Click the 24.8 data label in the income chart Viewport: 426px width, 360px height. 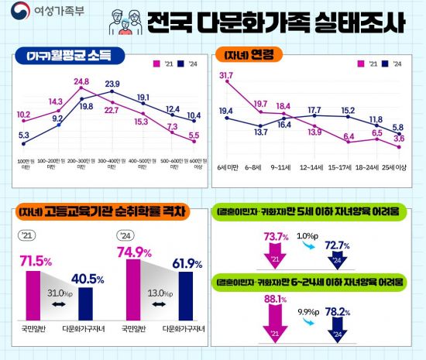(82, 81)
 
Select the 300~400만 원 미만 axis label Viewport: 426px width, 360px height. (112, 164)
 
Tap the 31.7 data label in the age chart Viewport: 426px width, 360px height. (226, 75)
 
